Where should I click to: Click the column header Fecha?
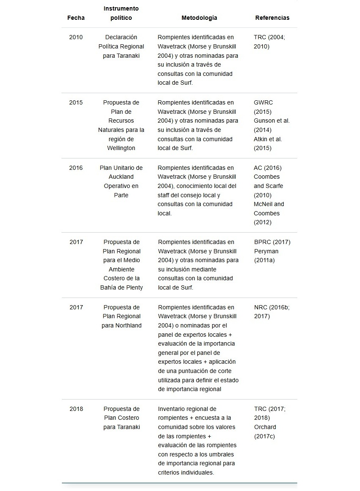click(76, 18)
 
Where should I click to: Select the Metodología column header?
click(199, 18)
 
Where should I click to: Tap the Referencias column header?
click(272, 18)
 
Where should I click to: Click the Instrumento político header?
click(121, 13)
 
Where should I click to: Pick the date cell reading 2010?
click(76, 38)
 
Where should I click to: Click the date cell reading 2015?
click(76, 103)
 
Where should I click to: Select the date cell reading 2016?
click(76, 168)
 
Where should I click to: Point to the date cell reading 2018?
click(76, 409)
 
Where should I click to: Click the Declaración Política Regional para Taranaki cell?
click(121, 46)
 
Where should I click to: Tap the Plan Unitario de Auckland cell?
click(121, 181)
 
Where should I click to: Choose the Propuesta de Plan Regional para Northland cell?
click(121, 316)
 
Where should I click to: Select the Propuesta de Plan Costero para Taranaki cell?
click(121, 418)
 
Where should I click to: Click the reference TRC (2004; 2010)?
click(269, 42)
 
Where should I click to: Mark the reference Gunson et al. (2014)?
click(272, 125)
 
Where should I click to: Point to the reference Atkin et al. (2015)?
click(268, 143)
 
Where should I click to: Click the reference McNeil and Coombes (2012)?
click(269, 213)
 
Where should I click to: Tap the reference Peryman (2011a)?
click(266, 256)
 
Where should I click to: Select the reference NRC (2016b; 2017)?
click(272, 311)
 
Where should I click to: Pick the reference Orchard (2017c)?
click(265, 432)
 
